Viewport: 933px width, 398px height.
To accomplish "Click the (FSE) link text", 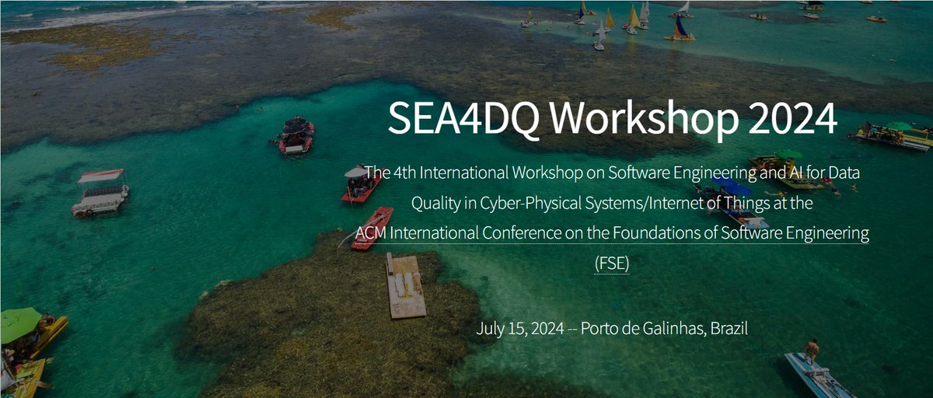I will pyautogui.click(x=612, y=264).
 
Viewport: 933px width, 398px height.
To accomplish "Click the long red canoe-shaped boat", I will pyautogui.click(x=372, y=228).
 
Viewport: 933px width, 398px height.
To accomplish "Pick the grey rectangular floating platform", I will pyautogui.click(x=406, y=286).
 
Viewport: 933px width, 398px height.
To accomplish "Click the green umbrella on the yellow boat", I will pyautogui.click(x=19, y=324).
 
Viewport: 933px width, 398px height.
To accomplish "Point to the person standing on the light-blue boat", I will pyautogui.click(x=812, y=351).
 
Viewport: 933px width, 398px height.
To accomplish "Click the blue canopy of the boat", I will pyautogui.click(x=732, y=187).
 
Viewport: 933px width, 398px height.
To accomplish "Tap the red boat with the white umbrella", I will pyautogui.click(x=362, y=183).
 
